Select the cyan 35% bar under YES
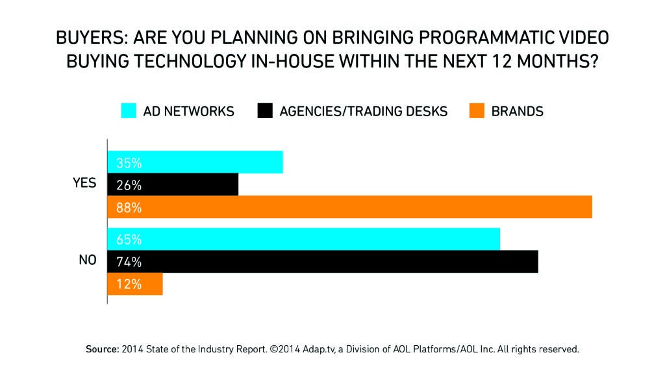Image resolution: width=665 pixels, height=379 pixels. [195, 162]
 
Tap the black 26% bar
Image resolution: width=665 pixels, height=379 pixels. [173, 185]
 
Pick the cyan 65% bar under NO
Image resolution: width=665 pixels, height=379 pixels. [303, 239]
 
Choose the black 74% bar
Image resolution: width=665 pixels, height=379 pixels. [322, 262]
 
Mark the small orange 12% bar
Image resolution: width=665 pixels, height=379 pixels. [134, 284]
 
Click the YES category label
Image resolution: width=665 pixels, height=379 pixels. [84, 183]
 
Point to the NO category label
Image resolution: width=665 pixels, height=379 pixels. [88, 260]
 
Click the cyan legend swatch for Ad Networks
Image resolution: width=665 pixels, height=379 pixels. [129, 111]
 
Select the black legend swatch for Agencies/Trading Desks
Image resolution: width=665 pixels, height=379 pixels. [264, 111]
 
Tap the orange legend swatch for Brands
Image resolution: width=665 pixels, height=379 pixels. [476, 111]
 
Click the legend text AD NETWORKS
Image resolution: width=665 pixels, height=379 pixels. [189, 111]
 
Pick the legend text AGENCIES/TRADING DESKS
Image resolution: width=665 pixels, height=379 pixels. [364, 111]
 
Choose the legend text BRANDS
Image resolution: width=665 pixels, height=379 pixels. [518, 111]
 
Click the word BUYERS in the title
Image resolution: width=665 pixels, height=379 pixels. [89, 36]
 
